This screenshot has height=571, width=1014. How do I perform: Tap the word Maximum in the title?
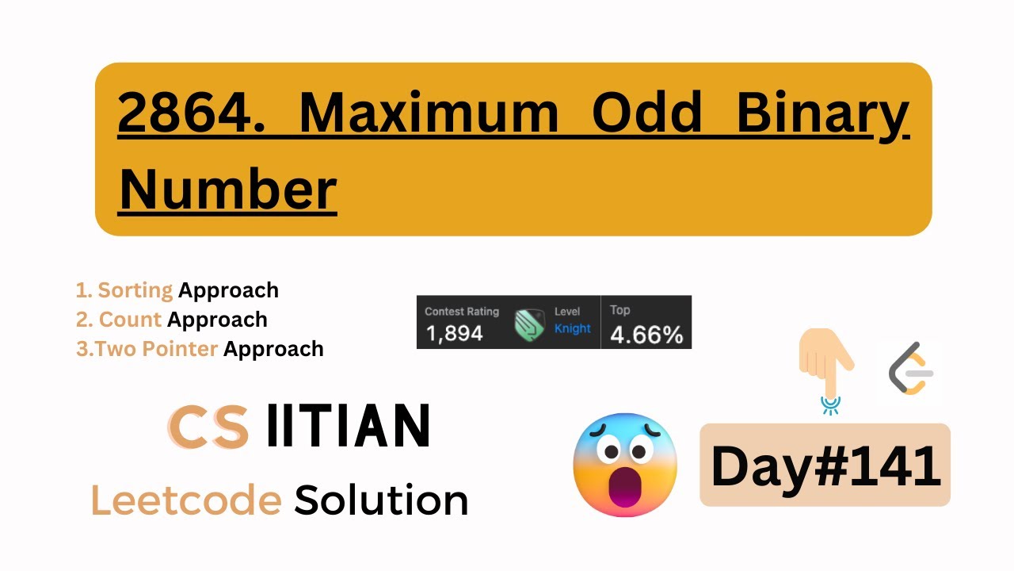pos(428,113)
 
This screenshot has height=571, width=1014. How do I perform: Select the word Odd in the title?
pos(647,113)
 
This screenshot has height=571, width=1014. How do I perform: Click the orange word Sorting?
pos(135,290)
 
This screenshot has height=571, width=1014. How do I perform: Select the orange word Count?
pos(131,320)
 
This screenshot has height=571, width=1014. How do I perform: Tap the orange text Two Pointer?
pos(157,349)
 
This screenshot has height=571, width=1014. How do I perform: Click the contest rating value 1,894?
pos(454,334)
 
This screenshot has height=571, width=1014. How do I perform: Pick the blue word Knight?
pos(573,328)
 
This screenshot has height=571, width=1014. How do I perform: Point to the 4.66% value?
pos(646,335)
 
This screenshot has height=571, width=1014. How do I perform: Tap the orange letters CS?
pos(208,426)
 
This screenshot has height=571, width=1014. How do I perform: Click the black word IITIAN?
pos(349,426)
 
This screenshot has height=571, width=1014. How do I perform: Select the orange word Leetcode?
pos(186,500)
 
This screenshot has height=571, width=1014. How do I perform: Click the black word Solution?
pos(381,500)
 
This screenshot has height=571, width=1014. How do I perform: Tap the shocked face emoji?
pos(625,465)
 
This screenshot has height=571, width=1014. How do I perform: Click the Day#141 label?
pos(825,466)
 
